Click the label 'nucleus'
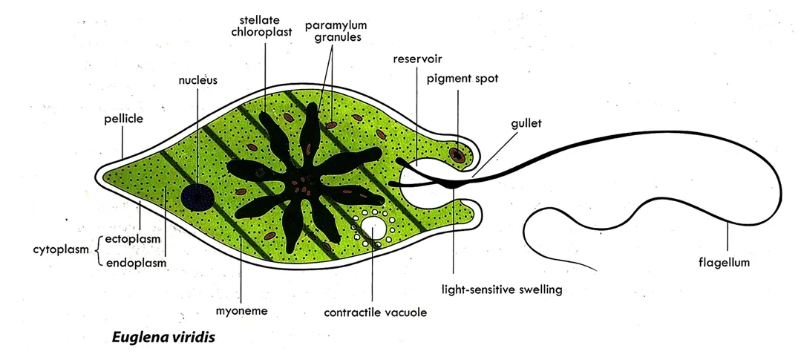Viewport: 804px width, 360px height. [x=197, y=80]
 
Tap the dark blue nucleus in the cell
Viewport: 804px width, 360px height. [x=197, y=196]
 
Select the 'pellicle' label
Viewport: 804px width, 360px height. [x=123, y=118]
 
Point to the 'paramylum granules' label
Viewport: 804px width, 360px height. [x=333, y=30]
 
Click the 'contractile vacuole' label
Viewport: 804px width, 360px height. [x=375, y=312]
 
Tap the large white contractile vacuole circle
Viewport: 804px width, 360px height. [x=376, y=226]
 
